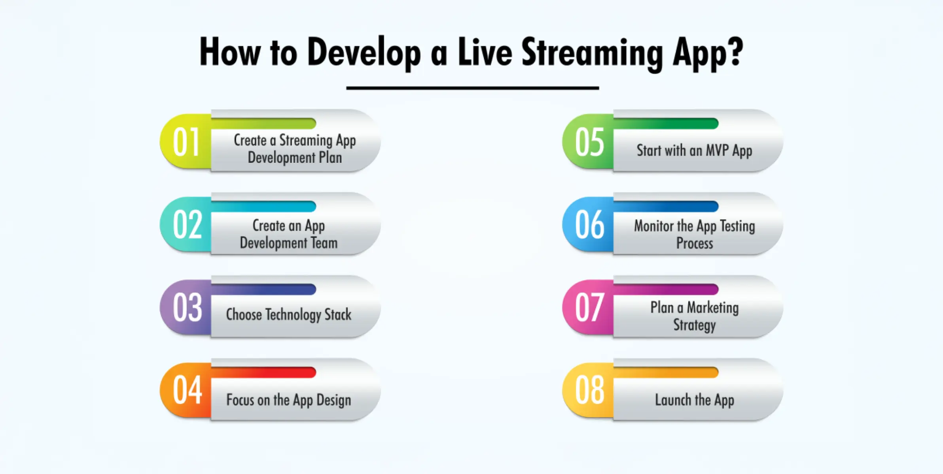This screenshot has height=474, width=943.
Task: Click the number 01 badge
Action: (x=186, y=141)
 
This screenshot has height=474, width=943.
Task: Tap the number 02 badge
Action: (x=186, y=224)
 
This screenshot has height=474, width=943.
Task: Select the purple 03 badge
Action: (x=186, y=307)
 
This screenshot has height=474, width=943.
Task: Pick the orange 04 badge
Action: (x=186, y=390)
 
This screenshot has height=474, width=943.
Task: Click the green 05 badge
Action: (x=588, y=141)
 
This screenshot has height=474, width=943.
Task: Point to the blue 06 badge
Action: (x=588, y=224)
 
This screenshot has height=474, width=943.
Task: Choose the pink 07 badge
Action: (x=588, y=307)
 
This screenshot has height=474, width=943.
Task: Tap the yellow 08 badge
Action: (x=588, y=390)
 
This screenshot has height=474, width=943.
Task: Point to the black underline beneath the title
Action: (x=473, y=88)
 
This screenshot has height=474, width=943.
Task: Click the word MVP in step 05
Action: (x=717, y=150)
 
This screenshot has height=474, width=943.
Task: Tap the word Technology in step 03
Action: (x=293, y=315)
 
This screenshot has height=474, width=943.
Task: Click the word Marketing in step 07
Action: (x=713, y=308)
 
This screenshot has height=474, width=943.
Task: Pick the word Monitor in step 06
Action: (x=654, y=226)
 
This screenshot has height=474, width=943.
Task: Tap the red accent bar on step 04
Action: (x=263, y=372)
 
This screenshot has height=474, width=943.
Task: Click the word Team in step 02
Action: (x=324, y=243)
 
